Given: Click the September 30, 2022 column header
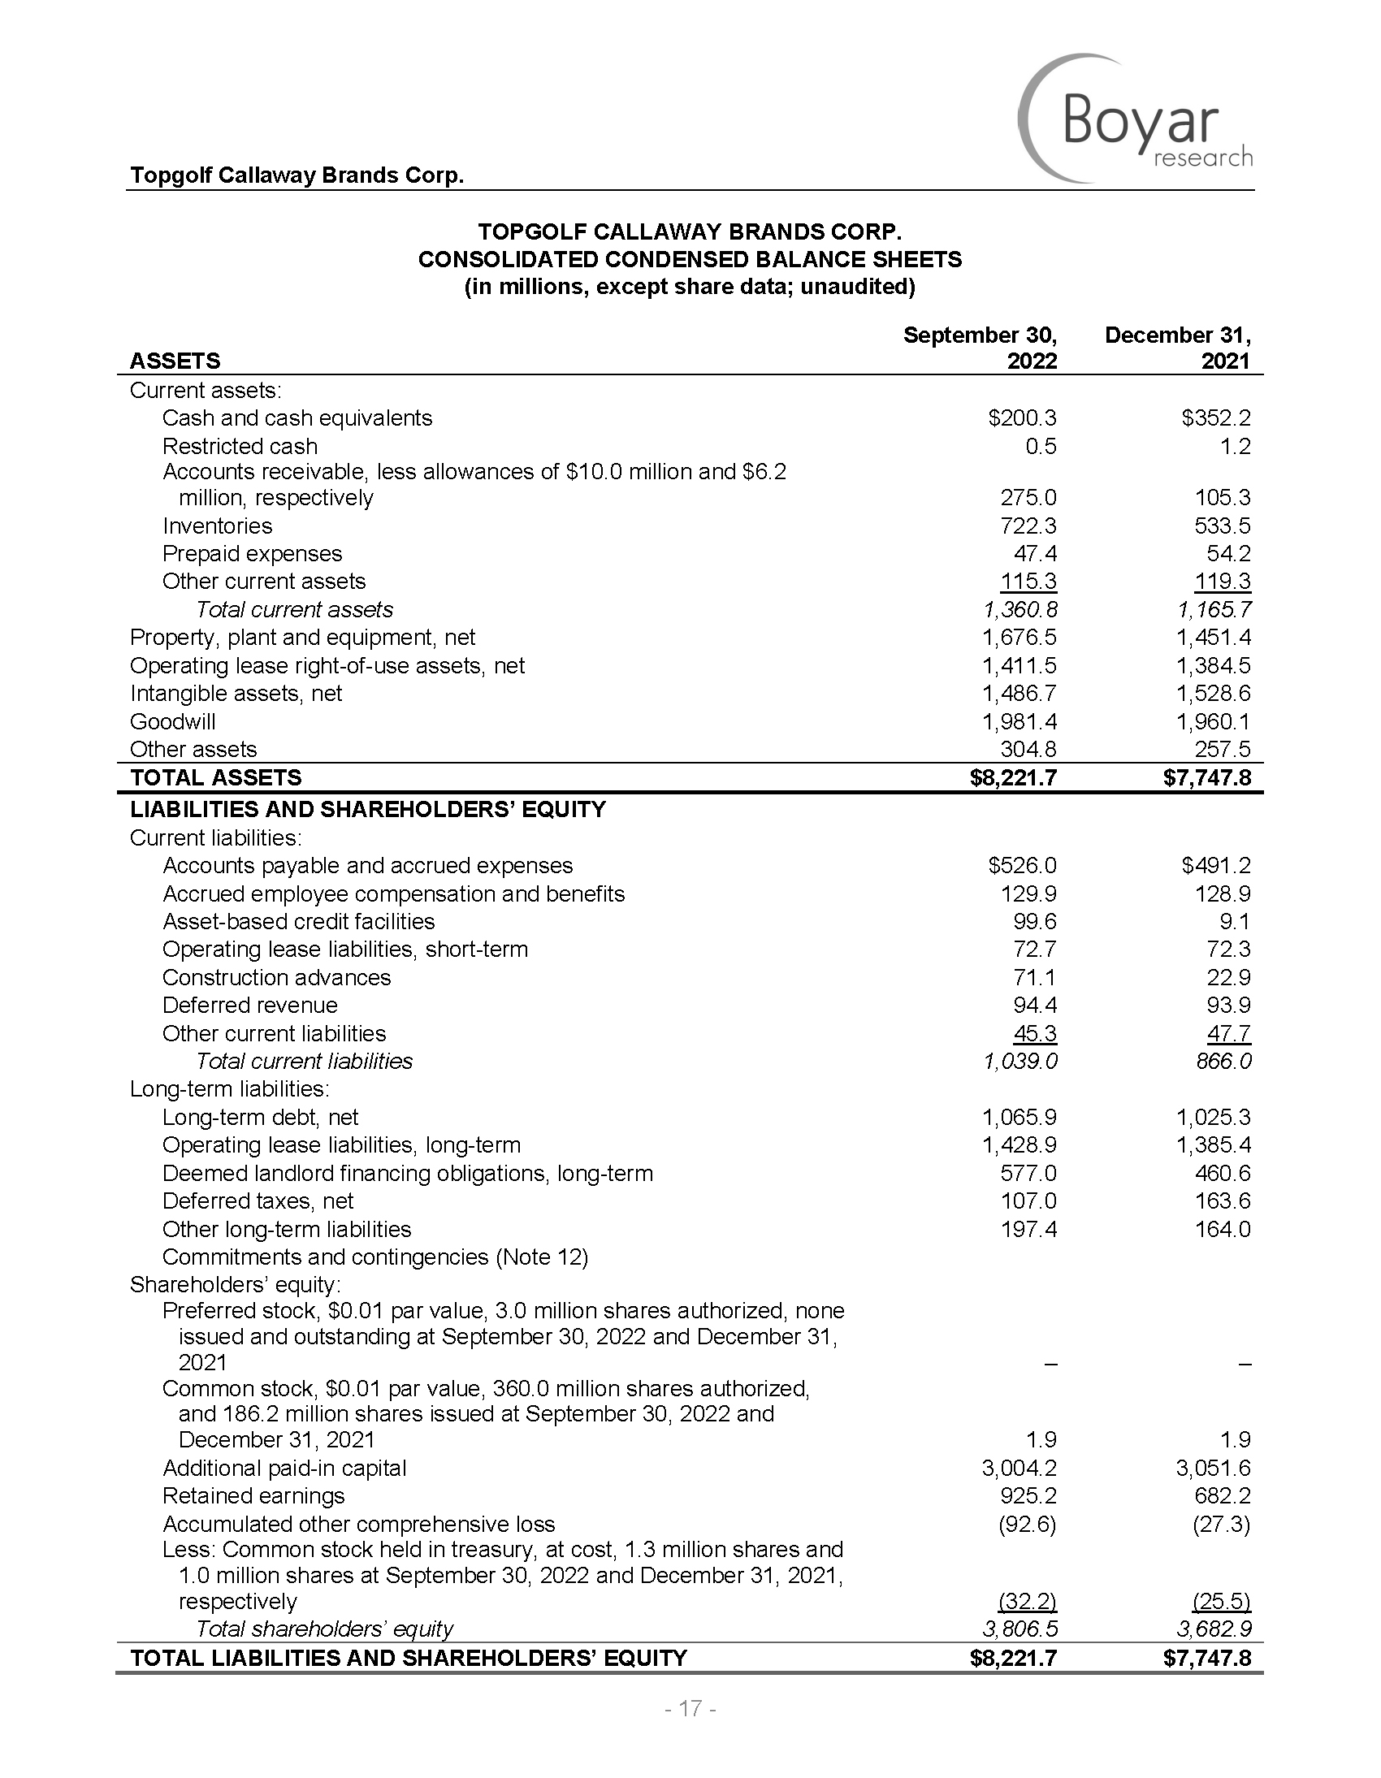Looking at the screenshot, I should [981, 348].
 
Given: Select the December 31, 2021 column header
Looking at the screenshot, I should [1177, 348].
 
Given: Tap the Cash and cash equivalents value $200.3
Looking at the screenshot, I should [1022, 418].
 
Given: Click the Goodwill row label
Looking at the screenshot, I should [172, 721].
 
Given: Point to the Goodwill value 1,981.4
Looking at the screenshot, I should [1020, 721].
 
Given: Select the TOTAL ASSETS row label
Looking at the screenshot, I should [216, 777].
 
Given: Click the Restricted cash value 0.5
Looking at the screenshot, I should [1041, 446].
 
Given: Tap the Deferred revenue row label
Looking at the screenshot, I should [250, 1006].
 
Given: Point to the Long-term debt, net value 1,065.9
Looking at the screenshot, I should [1020, 1117].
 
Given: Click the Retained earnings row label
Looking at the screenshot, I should [253, 1496].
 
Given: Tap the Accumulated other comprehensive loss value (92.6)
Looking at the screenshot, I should [1028, 1524].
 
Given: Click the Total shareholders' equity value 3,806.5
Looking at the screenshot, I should [1020, 1629].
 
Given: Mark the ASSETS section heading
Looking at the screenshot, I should [175, 361].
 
